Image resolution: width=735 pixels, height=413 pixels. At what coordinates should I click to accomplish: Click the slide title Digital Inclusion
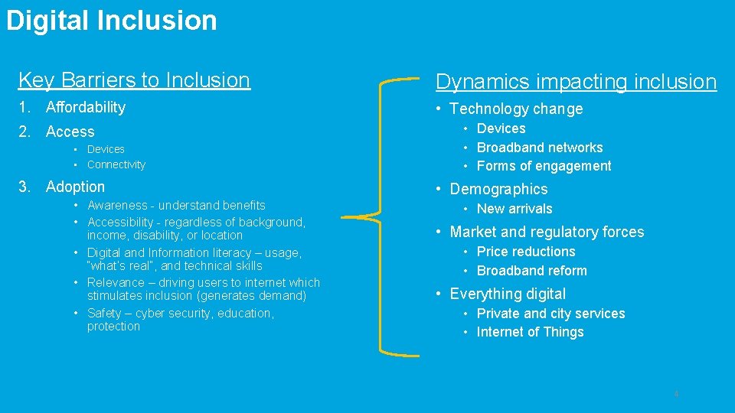[x=112, y=21]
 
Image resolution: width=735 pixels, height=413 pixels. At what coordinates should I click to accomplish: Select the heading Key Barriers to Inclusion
[x=134, y=80]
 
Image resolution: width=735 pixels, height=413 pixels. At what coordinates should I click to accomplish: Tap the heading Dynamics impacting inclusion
[x=576, y=82]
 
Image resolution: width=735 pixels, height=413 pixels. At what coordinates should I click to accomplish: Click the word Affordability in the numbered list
[x=85, y=107]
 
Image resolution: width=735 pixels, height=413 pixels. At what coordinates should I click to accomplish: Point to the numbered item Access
[x=70, y=132]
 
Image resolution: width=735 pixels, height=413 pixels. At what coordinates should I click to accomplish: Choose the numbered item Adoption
[x=75, y=187]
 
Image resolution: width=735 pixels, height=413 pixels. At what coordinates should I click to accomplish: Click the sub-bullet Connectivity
[x=116, y=164]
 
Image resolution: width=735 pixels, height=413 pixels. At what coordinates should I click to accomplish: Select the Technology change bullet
[x=516, y=109]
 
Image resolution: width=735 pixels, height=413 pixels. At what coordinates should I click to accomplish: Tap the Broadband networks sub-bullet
[x=540, y=148]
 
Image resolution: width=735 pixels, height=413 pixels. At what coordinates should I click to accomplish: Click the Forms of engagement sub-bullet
[x=544, y=166]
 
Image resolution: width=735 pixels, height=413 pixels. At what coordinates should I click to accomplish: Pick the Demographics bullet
[x=498, y=189]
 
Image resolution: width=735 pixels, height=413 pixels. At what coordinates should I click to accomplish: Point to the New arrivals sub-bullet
[x=514, y=209]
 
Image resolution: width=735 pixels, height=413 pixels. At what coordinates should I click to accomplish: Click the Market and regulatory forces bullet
[x=547, y=232]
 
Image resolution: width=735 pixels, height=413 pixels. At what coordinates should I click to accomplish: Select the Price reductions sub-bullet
[x=525, y=252]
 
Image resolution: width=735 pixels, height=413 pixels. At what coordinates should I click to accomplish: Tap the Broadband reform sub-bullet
[x=531, y=271]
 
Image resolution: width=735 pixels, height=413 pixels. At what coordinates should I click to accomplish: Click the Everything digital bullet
[x=508, y=294]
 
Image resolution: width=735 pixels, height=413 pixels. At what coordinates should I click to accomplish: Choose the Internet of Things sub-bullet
[x=530, y=332]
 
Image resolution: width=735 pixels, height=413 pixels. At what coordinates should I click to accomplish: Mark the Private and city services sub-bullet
[x=550, y=314]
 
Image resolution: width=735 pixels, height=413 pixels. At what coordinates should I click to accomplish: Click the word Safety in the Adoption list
[x=105, y=313]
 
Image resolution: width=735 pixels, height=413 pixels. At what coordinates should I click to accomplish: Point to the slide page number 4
[x=676, y=394]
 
